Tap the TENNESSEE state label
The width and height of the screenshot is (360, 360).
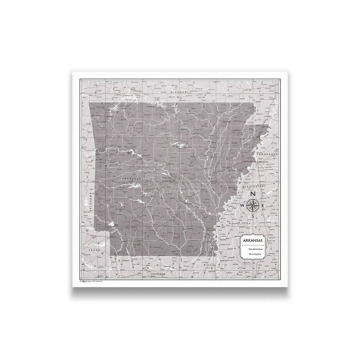[267, 154]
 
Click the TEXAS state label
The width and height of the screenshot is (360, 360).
[95, 250]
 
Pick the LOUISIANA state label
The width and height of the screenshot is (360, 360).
[157, 272]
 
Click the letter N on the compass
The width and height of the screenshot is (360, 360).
[253, 194]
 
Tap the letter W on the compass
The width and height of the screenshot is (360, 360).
[242, 205]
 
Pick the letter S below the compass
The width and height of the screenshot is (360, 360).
[253, 216]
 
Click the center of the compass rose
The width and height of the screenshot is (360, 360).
[253, 205]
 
